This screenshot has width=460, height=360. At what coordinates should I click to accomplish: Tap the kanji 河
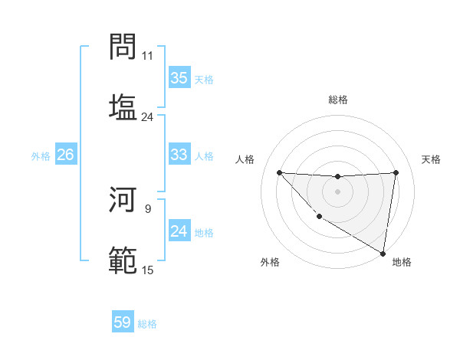click(123, 201)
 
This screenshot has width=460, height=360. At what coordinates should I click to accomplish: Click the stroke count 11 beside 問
click(147, 56)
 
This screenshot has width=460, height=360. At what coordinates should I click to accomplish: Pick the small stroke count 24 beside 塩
click(147, 117)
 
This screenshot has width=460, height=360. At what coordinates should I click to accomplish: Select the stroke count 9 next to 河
click(148, 208)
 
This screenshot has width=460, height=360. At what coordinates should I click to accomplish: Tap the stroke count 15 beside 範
click(147, 270)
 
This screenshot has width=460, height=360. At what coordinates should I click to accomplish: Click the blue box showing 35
click(179, 78)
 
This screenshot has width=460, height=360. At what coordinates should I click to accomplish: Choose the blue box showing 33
click(179, 155)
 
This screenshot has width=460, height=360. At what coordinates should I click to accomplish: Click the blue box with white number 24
click(179, 231)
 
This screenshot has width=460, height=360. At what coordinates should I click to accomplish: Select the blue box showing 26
click(65, 155)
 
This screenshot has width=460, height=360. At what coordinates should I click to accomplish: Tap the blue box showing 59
click(123, 322)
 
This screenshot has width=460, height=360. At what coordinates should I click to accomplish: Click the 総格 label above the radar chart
click(338, 100)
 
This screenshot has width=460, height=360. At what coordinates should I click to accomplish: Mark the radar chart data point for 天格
click(396, 172)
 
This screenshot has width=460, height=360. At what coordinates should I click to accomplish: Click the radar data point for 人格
click(279, 172)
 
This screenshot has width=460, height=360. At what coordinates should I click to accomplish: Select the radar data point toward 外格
click(318, 217)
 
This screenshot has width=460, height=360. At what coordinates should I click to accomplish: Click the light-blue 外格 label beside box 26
click(41, 155)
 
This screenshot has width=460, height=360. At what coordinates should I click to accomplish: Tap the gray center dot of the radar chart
click(337, 191)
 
